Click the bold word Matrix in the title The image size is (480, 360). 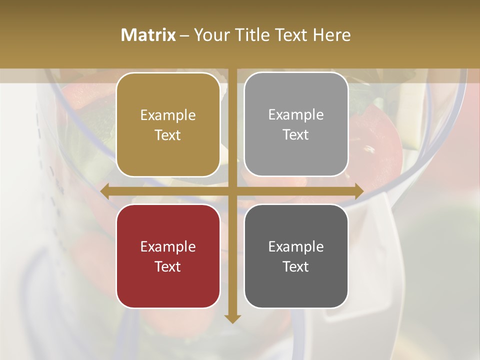(x=148, y=35)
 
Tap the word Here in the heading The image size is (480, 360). (x=331, y=35)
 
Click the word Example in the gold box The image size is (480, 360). (x=168, y=115)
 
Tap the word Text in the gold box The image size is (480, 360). (x=168, y=135)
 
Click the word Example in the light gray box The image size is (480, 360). (x=296, y=115)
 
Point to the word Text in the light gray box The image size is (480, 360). (x=296, y=134)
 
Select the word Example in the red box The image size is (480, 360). (x=168, y=247)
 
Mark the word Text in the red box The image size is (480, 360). (x=168, y=266)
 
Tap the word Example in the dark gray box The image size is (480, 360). (x=296, y=247)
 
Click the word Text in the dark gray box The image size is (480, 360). (x=296, y=266)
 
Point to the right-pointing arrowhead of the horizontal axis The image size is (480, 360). (x=359, y=191)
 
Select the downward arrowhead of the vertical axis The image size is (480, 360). (x=232, y=318)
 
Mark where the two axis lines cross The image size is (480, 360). (x=232, y=191)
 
